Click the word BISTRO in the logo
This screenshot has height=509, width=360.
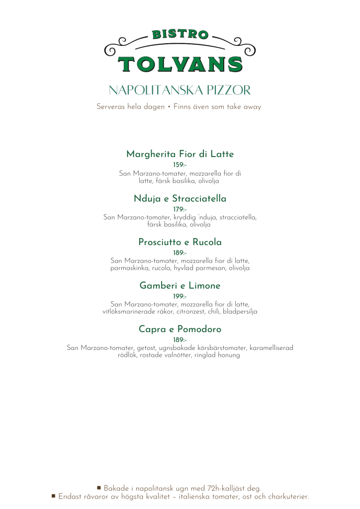point(180,35)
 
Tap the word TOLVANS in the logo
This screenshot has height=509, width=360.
point(180,64)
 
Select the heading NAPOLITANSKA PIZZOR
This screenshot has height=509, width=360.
point(180,90)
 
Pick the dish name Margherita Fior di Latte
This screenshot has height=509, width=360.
point(180,154)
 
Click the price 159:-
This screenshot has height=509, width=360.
point(180,165)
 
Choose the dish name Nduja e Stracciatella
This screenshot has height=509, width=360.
point(180,199)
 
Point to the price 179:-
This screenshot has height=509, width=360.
point(180,209)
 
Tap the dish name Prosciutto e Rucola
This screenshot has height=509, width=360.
point(180,243)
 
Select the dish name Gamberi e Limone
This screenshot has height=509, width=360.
point(180,286)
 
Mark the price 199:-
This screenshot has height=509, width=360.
point(180,297)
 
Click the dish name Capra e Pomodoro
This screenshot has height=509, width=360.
point(180,329)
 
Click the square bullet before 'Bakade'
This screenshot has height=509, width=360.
point(99,488)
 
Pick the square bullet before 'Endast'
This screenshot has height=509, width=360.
point(53,496)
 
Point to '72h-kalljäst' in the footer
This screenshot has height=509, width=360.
point(214,489)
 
